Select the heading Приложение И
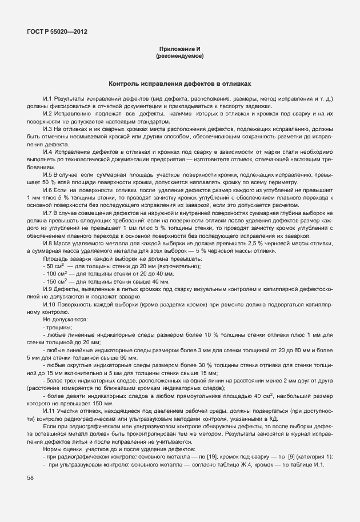pyautogui.click(x=179, y=50)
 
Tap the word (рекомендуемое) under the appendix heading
pyautogui.click(x=179, y=57)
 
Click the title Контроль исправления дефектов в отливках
pyautogui.click(x=179, y=83)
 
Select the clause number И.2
pyautogui.click(x=47, y=114)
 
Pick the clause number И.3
pyautogui.click(x=47, y=129)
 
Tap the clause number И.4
pyautogui.click(x=47, y=152)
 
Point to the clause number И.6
pyautogui.click(x=47, y=189)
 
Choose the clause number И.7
pyautogui.click(x=47, y=211)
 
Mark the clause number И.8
pyautogui.click(x=47, y=244)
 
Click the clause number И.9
pyautogui.click(x=47, y=289)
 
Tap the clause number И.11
pyautogui.click(x=49, y=411)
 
